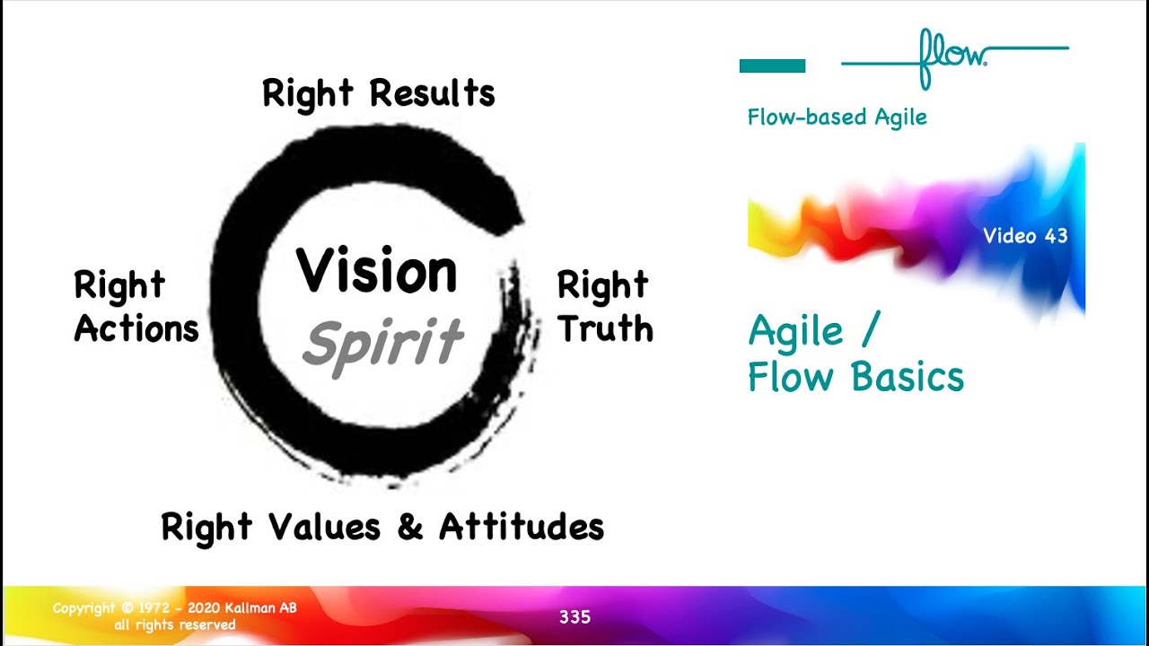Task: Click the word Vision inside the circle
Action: (376, 272)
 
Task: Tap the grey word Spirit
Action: (382, 344)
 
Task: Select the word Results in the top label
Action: (432, 93)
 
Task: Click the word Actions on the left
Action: (136, 329)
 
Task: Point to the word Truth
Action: (604, 329)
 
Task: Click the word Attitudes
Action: (522, 527)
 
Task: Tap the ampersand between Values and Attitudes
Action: (409, 527)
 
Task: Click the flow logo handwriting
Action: (952, 56)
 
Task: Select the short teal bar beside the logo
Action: (772, 65)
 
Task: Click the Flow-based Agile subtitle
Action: (837, 118)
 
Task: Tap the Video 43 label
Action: (1025, 236)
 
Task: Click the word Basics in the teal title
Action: (908, 378)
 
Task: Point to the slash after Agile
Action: (867, 332)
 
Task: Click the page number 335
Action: (574, 617)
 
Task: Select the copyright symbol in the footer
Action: (127, 608)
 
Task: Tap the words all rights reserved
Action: (175, 624)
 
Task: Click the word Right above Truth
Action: (602, 286)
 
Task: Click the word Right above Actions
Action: (119, 286)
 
